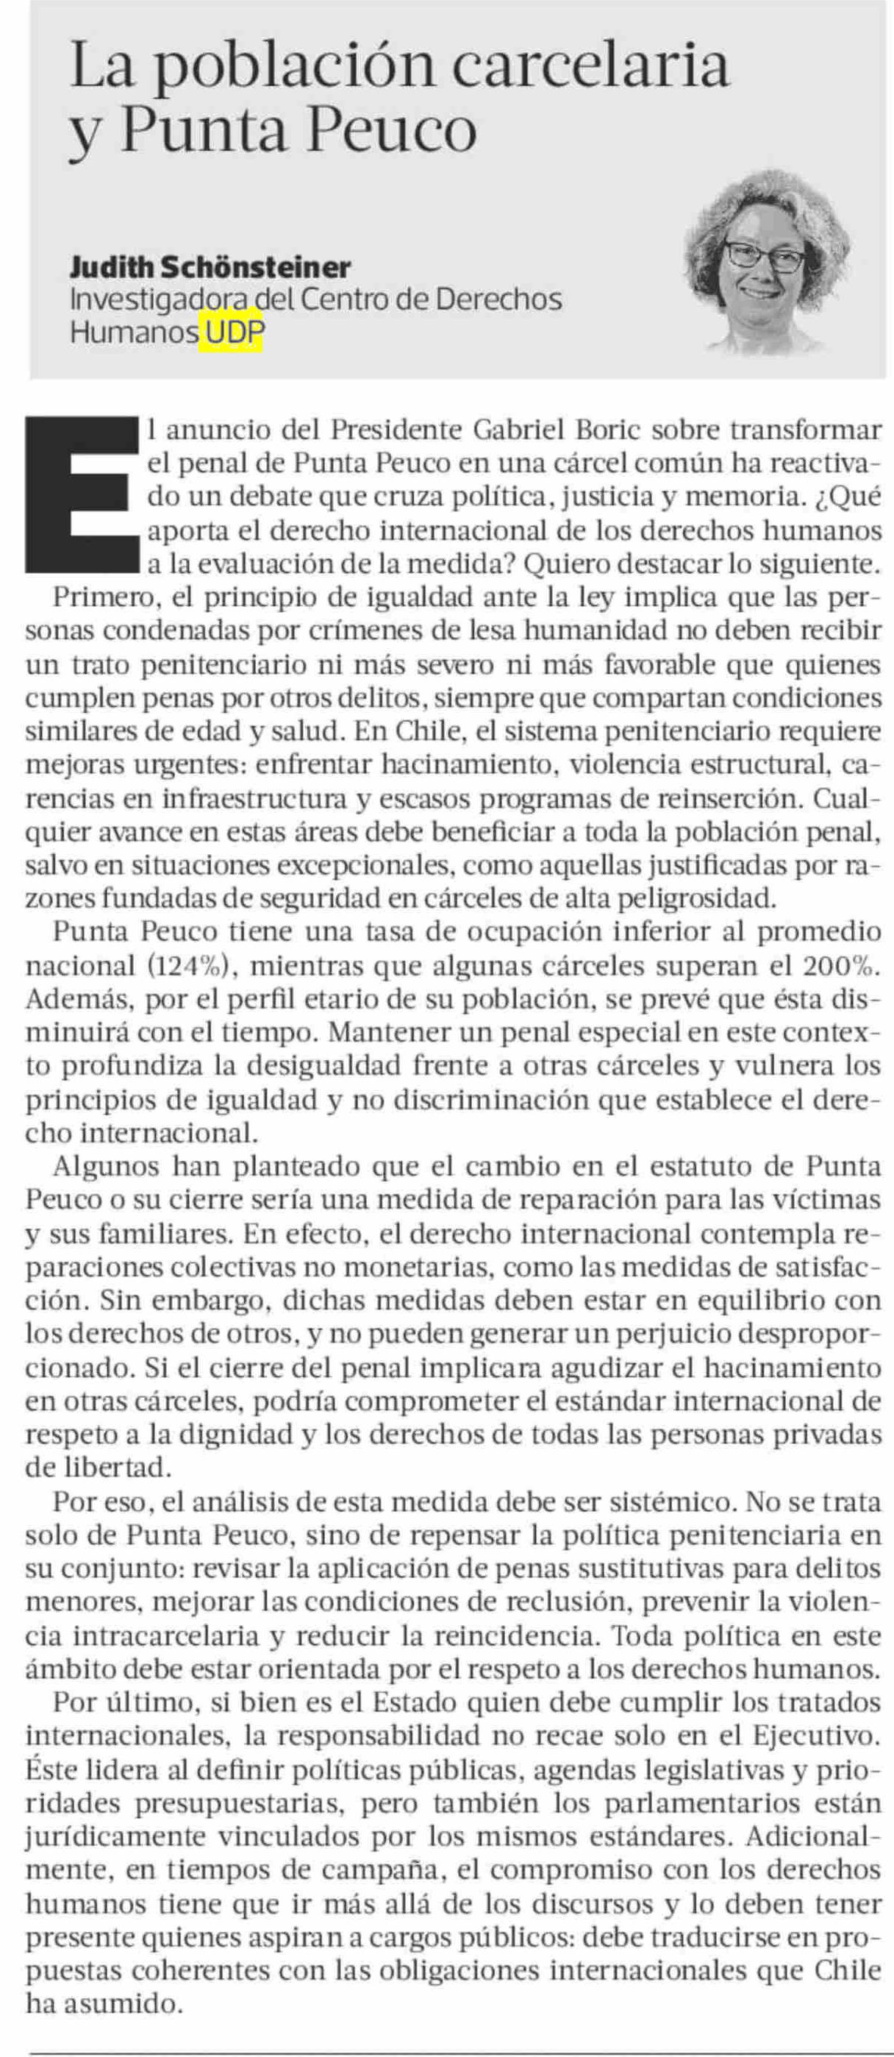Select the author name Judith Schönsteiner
[x=210, y=267]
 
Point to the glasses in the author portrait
[x=764, y=256]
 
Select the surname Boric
[x=608, y=430]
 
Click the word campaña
[x=415, y=1870]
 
